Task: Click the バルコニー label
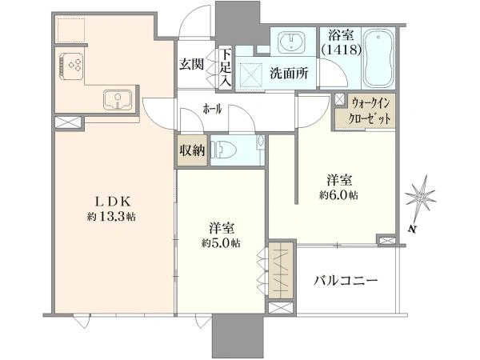pos(345,281)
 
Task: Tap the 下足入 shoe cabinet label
pos(226,66)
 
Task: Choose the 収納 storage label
pos(192,150)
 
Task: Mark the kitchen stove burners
pos(73,65)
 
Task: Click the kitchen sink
pos(119,100)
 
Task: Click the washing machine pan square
pos(250,74)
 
